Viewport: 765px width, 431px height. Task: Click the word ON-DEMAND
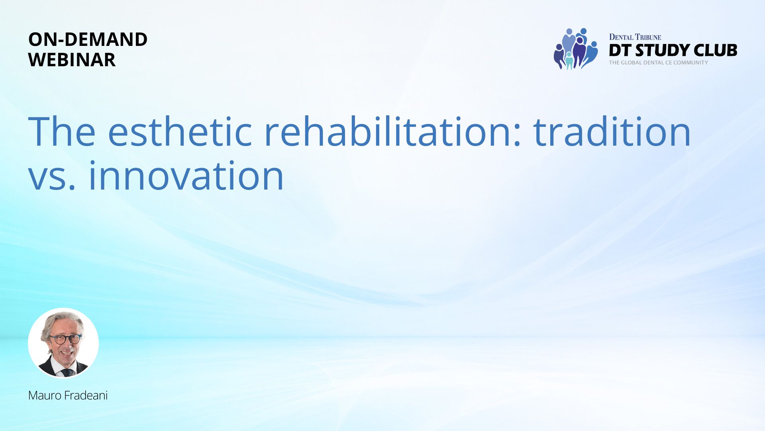[88, 40]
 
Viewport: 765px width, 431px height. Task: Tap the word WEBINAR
[72, 60]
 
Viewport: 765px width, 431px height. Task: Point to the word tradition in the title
[612, 131]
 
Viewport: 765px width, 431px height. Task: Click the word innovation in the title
[186, 175]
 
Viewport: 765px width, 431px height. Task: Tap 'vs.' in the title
[52, 178]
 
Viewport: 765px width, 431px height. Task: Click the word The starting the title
[62, 131]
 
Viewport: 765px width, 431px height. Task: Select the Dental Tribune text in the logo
[635, 37]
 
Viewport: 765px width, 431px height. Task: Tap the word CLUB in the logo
[715, 50]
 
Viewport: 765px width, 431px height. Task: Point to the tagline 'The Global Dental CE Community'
[659, 63]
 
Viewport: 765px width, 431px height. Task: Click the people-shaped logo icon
[576, 49]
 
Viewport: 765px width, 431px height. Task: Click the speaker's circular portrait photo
[63, 343]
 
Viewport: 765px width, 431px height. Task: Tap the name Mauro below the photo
[45, 395]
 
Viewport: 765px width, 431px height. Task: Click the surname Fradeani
[86, 395]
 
